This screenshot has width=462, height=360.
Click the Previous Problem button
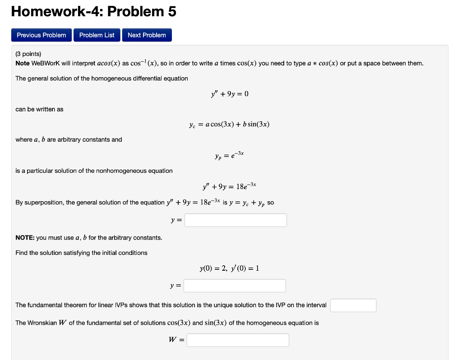(x=41, y=35)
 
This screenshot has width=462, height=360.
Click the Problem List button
(x=97, y=35)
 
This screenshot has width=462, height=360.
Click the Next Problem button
(x=147, y=35)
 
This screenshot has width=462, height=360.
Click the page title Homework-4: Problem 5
(x=93, y=12)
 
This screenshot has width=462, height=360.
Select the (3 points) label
(x=28, y=54)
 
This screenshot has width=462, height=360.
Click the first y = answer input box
(x=236, y=220)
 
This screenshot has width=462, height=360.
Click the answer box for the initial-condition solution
(x=235, y=286)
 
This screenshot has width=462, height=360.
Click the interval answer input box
(x=353, y=305)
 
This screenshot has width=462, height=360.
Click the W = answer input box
(x=238, y=340)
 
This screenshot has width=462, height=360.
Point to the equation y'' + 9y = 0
(x=230, y=94)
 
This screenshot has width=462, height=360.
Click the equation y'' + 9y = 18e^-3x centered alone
(x=230, y=186)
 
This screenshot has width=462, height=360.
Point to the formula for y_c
(x=230, y=124)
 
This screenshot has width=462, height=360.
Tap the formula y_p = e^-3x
(x=230, y=155)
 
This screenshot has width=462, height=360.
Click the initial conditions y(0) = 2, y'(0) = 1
(x=230, y=268)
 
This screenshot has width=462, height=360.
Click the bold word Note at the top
(x=23, y=63)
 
